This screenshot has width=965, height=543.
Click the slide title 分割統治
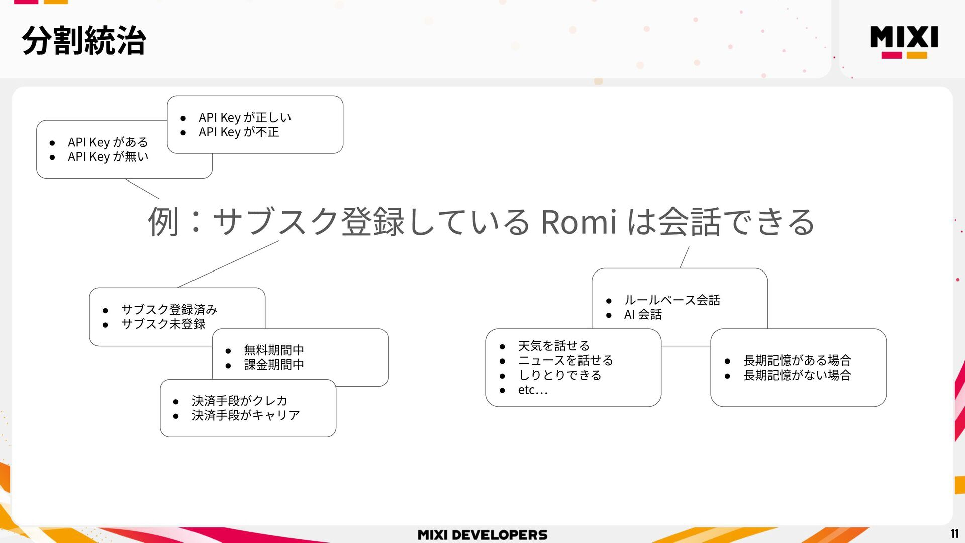84,40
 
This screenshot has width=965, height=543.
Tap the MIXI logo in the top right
904,41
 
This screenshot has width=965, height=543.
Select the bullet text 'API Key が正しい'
245,118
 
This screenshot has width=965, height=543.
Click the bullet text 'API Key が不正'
239,132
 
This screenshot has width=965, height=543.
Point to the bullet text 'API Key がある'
108,142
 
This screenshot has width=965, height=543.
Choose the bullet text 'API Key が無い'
108,157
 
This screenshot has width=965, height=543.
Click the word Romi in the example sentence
578,222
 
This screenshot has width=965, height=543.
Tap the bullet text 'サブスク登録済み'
169,310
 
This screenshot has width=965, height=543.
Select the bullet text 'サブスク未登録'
163,324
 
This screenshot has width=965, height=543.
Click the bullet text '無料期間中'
274,350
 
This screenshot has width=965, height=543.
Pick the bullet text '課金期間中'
274,365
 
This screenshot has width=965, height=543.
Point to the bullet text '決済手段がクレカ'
240,401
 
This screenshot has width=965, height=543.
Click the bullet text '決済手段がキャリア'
246,415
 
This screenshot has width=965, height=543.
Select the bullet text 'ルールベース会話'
672,300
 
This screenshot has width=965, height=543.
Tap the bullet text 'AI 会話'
643,315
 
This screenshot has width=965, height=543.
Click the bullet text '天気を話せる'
554,346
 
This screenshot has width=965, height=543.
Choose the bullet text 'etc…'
533,390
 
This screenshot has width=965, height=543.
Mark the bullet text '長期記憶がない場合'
797,375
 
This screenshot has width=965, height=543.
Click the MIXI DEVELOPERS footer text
482,535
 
